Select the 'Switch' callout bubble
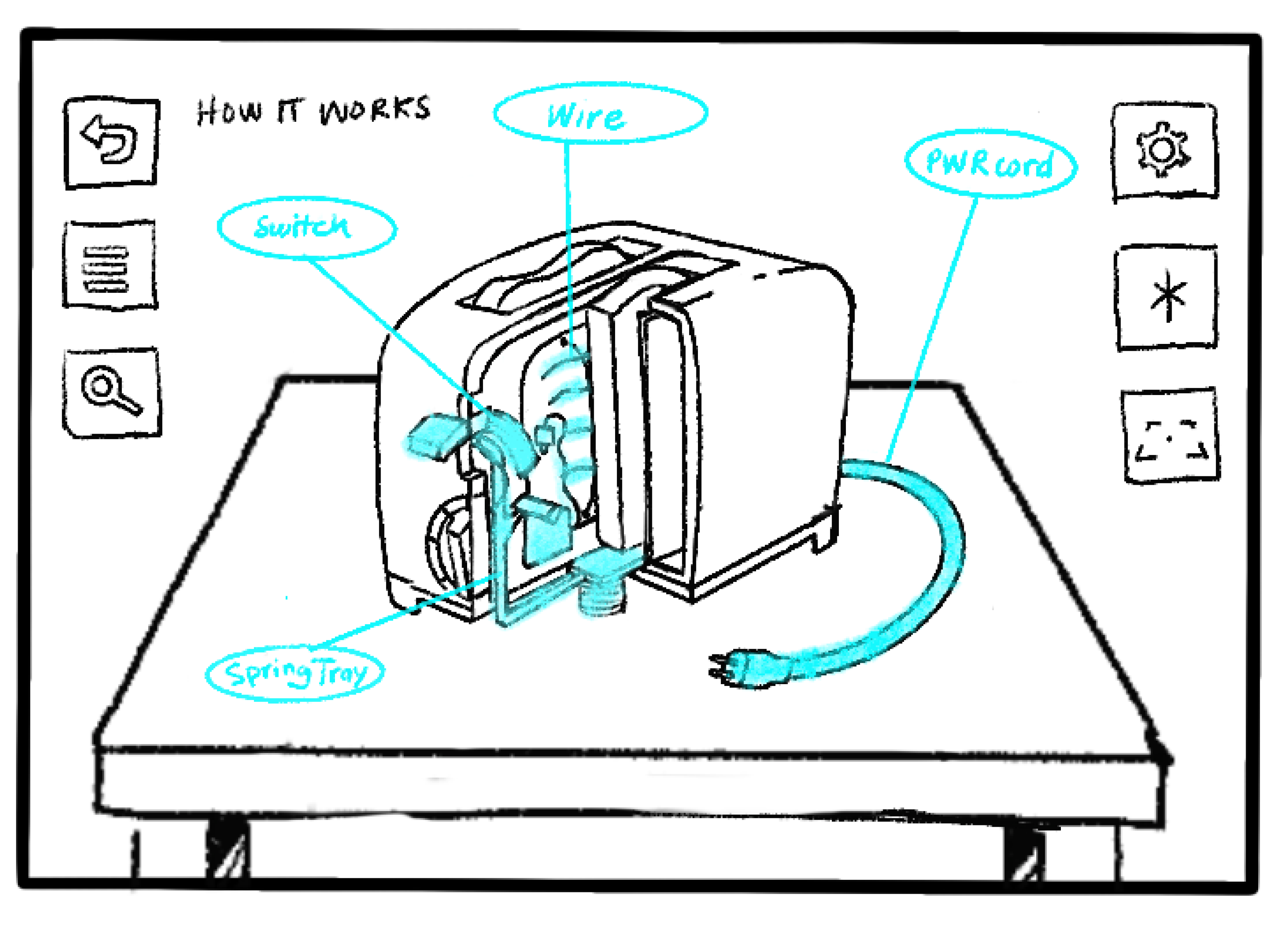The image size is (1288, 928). tap(306, 227)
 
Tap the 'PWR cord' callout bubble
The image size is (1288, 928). tap(991, 163)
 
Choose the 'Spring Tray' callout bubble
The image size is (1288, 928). tap(295, 673)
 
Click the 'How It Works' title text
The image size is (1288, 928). tap(313, 111)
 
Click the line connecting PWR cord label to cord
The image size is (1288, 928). tap(931, 329)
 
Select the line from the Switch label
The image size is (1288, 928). tap(398, 335)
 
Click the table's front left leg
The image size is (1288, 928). tap(227, 846)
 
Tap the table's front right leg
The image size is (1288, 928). tap(1022, 851)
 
